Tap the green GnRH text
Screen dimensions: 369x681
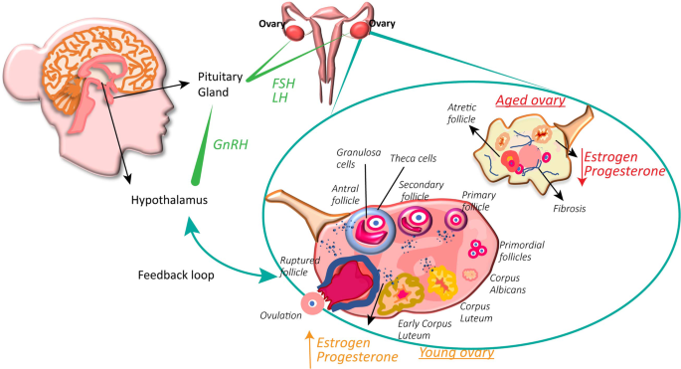(232, 144)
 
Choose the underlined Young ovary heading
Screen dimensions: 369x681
(458, 352)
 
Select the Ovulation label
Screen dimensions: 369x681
(280, 315)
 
